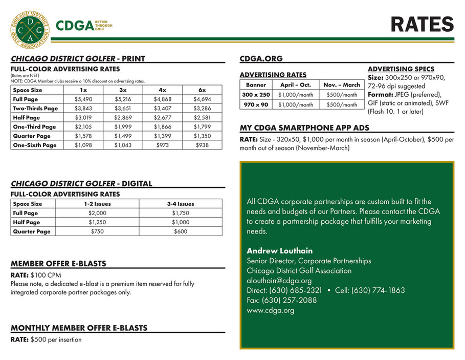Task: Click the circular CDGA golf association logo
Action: point(30,28)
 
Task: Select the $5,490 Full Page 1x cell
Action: point(83,99)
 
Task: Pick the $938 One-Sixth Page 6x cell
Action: point(203,145)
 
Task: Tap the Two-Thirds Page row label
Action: point(36,108)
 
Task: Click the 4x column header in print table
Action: point(163,90)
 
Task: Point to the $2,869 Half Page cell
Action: point(123,117)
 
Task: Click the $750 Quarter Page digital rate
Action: point(97,231)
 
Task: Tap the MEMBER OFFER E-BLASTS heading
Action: point(59,264)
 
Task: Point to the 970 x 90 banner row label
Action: point(256,104)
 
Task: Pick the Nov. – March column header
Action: point(342,85)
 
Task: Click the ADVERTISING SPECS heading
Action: point(401,69)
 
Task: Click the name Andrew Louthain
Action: point(279,251)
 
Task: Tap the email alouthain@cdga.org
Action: point(279,281)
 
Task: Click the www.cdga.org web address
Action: point(270,310)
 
